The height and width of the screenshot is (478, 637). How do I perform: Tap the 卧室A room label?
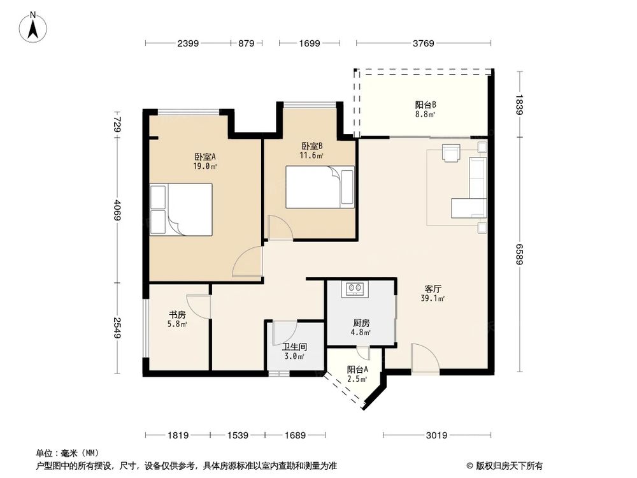(x=205, y=161)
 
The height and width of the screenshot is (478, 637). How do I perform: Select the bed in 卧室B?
(x=318, y=187)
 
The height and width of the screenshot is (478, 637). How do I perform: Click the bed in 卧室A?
(x=181, y=210)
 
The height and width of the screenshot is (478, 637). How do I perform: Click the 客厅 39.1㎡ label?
(x=433, y=293)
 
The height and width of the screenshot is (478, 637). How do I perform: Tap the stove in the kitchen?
(x=356, y=289)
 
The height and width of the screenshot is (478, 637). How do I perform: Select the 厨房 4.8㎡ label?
(x=361, y=327)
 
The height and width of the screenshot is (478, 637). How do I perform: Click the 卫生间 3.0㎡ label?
(x=294, y=351)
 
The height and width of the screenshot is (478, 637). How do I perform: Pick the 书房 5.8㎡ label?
(x=178, y=319)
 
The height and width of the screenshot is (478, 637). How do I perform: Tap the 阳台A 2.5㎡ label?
(x=356, y=374)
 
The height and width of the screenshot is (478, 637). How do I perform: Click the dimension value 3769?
(x=423, y=44)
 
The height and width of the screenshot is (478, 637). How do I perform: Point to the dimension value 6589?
(x=520, y=256)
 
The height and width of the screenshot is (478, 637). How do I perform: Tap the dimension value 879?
(x=246, y=44)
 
